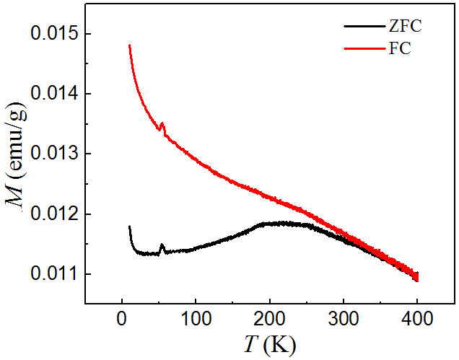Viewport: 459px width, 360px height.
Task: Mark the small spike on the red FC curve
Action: point(162,124)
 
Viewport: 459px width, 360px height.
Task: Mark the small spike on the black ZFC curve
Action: point(162,245)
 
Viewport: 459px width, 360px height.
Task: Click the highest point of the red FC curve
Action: point(129,45)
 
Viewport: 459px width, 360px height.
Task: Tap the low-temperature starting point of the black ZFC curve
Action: point(129,227)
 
